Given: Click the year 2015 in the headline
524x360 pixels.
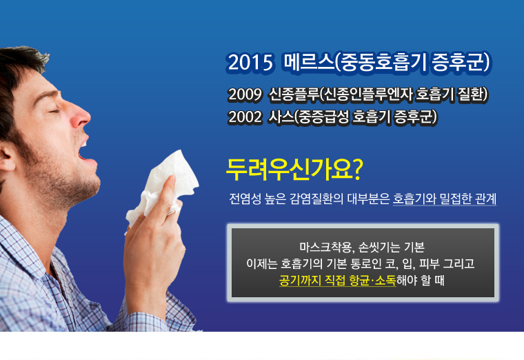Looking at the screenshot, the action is (x=250, y=63).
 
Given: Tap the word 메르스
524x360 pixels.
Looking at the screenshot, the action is (x=309, y=62).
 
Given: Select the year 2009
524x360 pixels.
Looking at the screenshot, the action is (x=245, y=94).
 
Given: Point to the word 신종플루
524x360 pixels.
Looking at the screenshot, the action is (x=294, y=94).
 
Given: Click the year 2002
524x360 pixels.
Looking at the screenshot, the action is (x=245, y=117).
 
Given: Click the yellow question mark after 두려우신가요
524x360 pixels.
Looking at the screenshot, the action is (x=358, y=170).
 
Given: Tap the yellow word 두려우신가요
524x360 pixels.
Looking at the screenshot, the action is (x=290, y=170).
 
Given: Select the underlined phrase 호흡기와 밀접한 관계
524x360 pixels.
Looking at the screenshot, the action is (x=445, y=199).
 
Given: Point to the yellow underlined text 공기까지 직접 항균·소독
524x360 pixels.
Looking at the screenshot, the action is (x=338, y=281).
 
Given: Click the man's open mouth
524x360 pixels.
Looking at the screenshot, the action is (x=82, y=150).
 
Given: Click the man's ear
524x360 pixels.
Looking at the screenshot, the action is (x=7, y=157).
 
